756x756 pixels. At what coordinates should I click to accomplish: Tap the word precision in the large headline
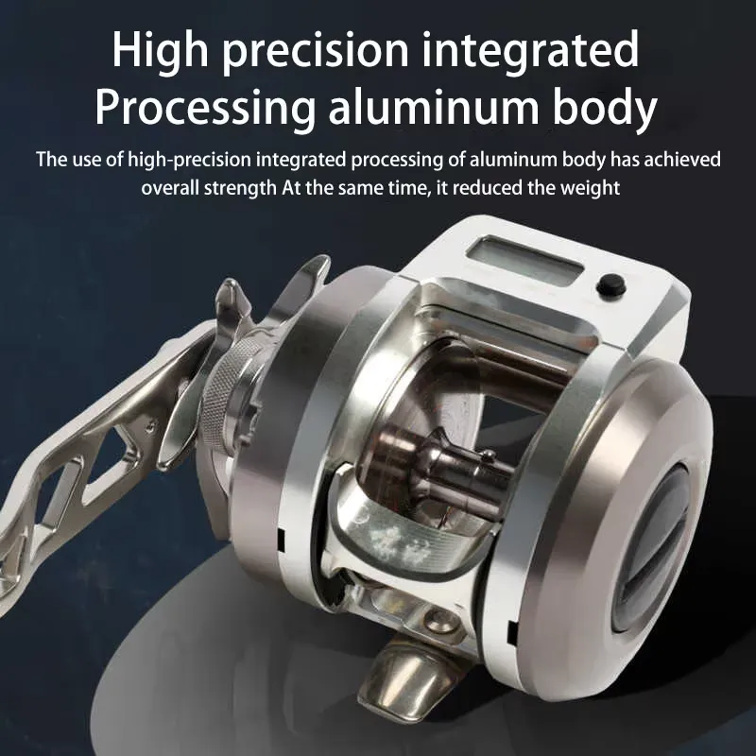click(x=316, y=52)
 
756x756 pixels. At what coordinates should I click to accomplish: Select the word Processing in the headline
click(x=204, y=109)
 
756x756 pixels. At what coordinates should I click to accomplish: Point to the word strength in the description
click(x=240, y=188)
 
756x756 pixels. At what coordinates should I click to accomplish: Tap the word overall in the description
click(x=170, y=188)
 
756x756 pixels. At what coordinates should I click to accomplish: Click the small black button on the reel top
click(x=610, y=286)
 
